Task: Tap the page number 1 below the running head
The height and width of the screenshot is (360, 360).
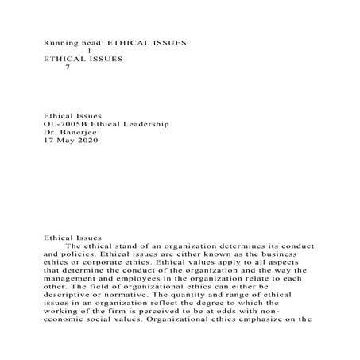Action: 99,50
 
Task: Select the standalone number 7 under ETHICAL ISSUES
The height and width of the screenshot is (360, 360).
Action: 68,68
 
